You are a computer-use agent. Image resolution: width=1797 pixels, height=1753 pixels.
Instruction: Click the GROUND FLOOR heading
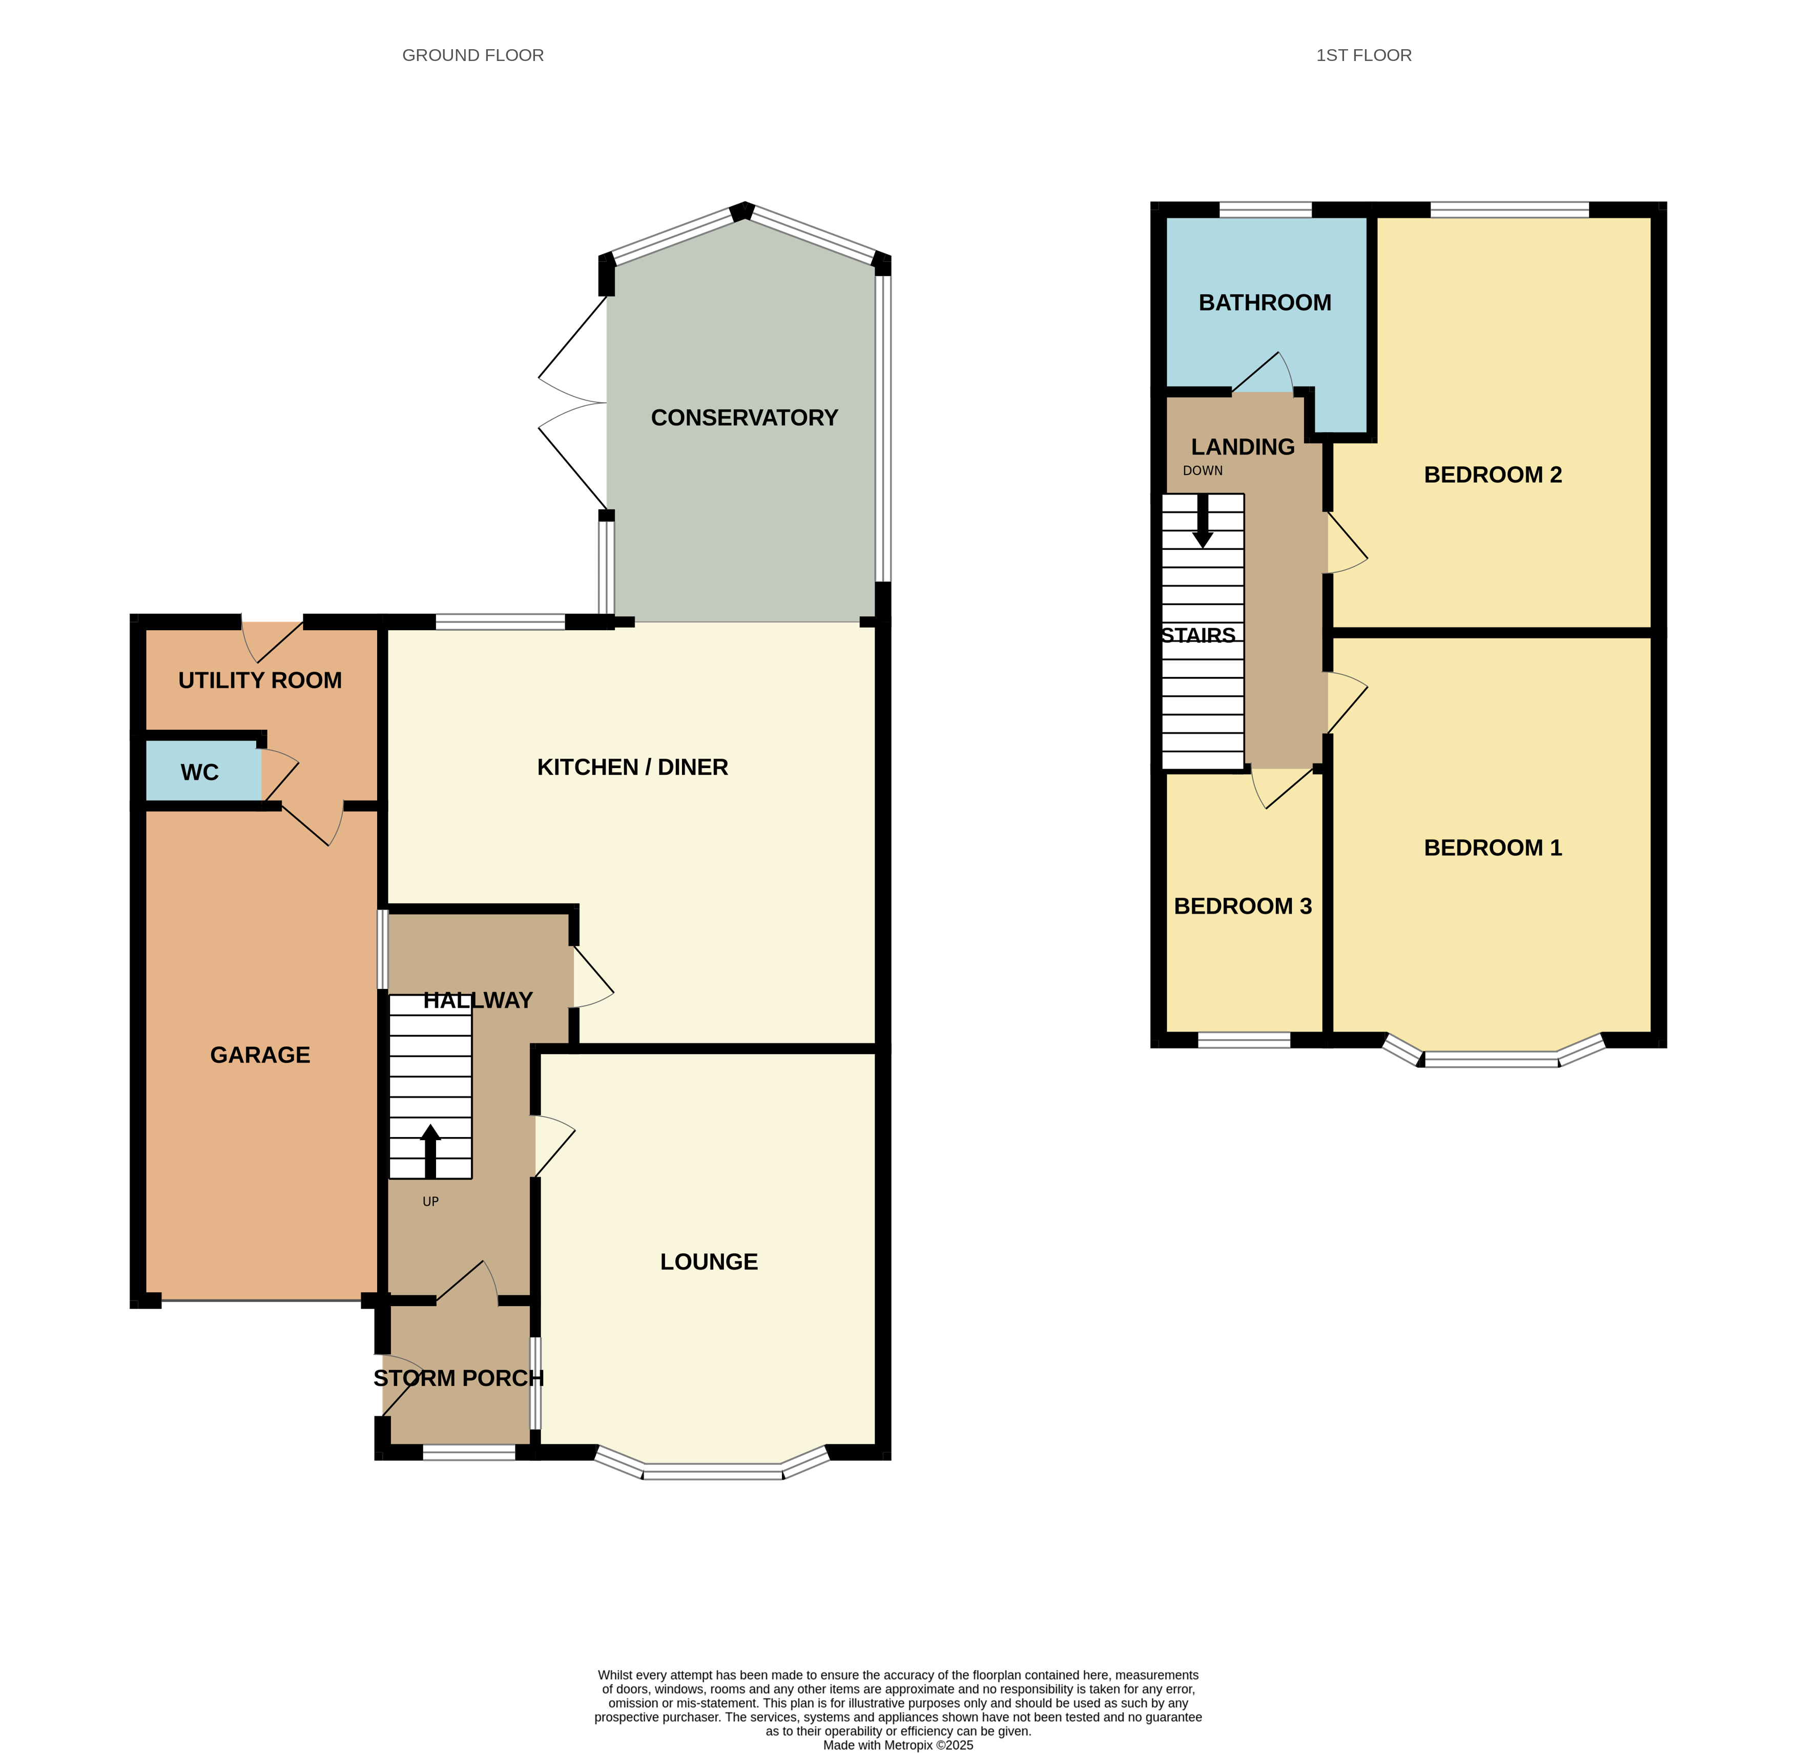(x=473, y=55)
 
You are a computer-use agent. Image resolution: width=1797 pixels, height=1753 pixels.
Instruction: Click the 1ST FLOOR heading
(x=1364, y=55)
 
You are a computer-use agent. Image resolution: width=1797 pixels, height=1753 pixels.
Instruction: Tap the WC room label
(x=200, y=772)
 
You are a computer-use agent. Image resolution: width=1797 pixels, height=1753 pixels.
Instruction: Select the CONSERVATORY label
(x=744, y=418)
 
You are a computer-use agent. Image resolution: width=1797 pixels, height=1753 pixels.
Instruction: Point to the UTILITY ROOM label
(x=260, y=680)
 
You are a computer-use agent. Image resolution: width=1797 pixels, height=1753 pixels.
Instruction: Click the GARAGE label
(x=260, y=1055)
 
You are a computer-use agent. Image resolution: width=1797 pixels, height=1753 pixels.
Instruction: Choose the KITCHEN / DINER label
(x=632, y=767)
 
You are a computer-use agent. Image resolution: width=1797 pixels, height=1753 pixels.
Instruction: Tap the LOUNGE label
(x=709, y=1262)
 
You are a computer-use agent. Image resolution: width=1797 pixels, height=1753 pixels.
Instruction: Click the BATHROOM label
(x=1265, y=303)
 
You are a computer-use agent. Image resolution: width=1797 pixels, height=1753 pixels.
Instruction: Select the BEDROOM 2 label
(x=1493, y=475)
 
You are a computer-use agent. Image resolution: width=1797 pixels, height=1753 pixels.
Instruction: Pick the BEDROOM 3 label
(x=1243, y=906)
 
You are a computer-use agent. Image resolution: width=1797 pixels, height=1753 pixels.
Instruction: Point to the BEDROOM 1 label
(x=1493, y=848)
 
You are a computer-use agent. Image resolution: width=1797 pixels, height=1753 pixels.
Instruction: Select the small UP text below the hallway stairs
(x=430, y=1202)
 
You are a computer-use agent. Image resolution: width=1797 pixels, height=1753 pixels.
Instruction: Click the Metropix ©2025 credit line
(x=898, y=1745)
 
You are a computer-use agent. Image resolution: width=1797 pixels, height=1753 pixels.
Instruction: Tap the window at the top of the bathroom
(x=1265, y=211)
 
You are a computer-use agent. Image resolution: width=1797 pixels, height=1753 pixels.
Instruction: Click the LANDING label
(x=1243, y=447)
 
